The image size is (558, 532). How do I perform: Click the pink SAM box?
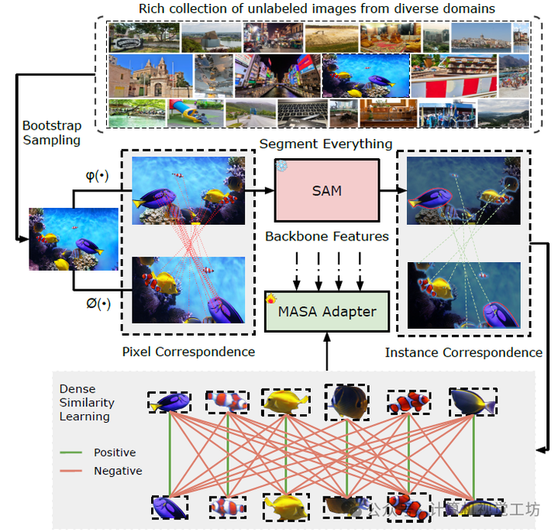(x=325, y=190)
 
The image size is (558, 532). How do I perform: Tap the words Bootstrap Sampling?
(x=51, y=133)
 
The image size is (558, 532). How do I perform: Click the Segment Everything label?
(x=325, y=144)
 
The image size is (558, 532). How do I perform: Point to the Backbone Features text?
(x=325, y=236)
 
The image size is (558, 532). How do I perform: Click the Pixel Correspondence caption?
(x=188, y=352)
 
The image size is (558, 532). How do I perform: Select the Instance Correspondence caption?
(x=463, y=353)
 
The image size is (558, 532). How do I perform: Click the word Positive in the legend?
(x=115, y=452)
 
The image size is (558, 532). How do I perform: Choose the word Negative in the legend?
(x=118, y=471)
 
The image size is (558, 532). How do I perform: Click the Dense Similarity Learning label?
(x=87, y=402)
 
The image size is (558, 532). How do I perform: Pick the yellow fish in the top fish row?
(x=285, y=402)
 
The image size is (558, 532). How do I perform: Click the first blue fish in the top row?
(x=170, y=402)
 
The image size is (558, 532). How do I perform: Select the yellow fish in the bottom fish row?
(x=285, y=506)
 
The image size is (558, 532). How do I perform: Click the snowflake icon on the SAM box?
(x=281, y=165)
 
